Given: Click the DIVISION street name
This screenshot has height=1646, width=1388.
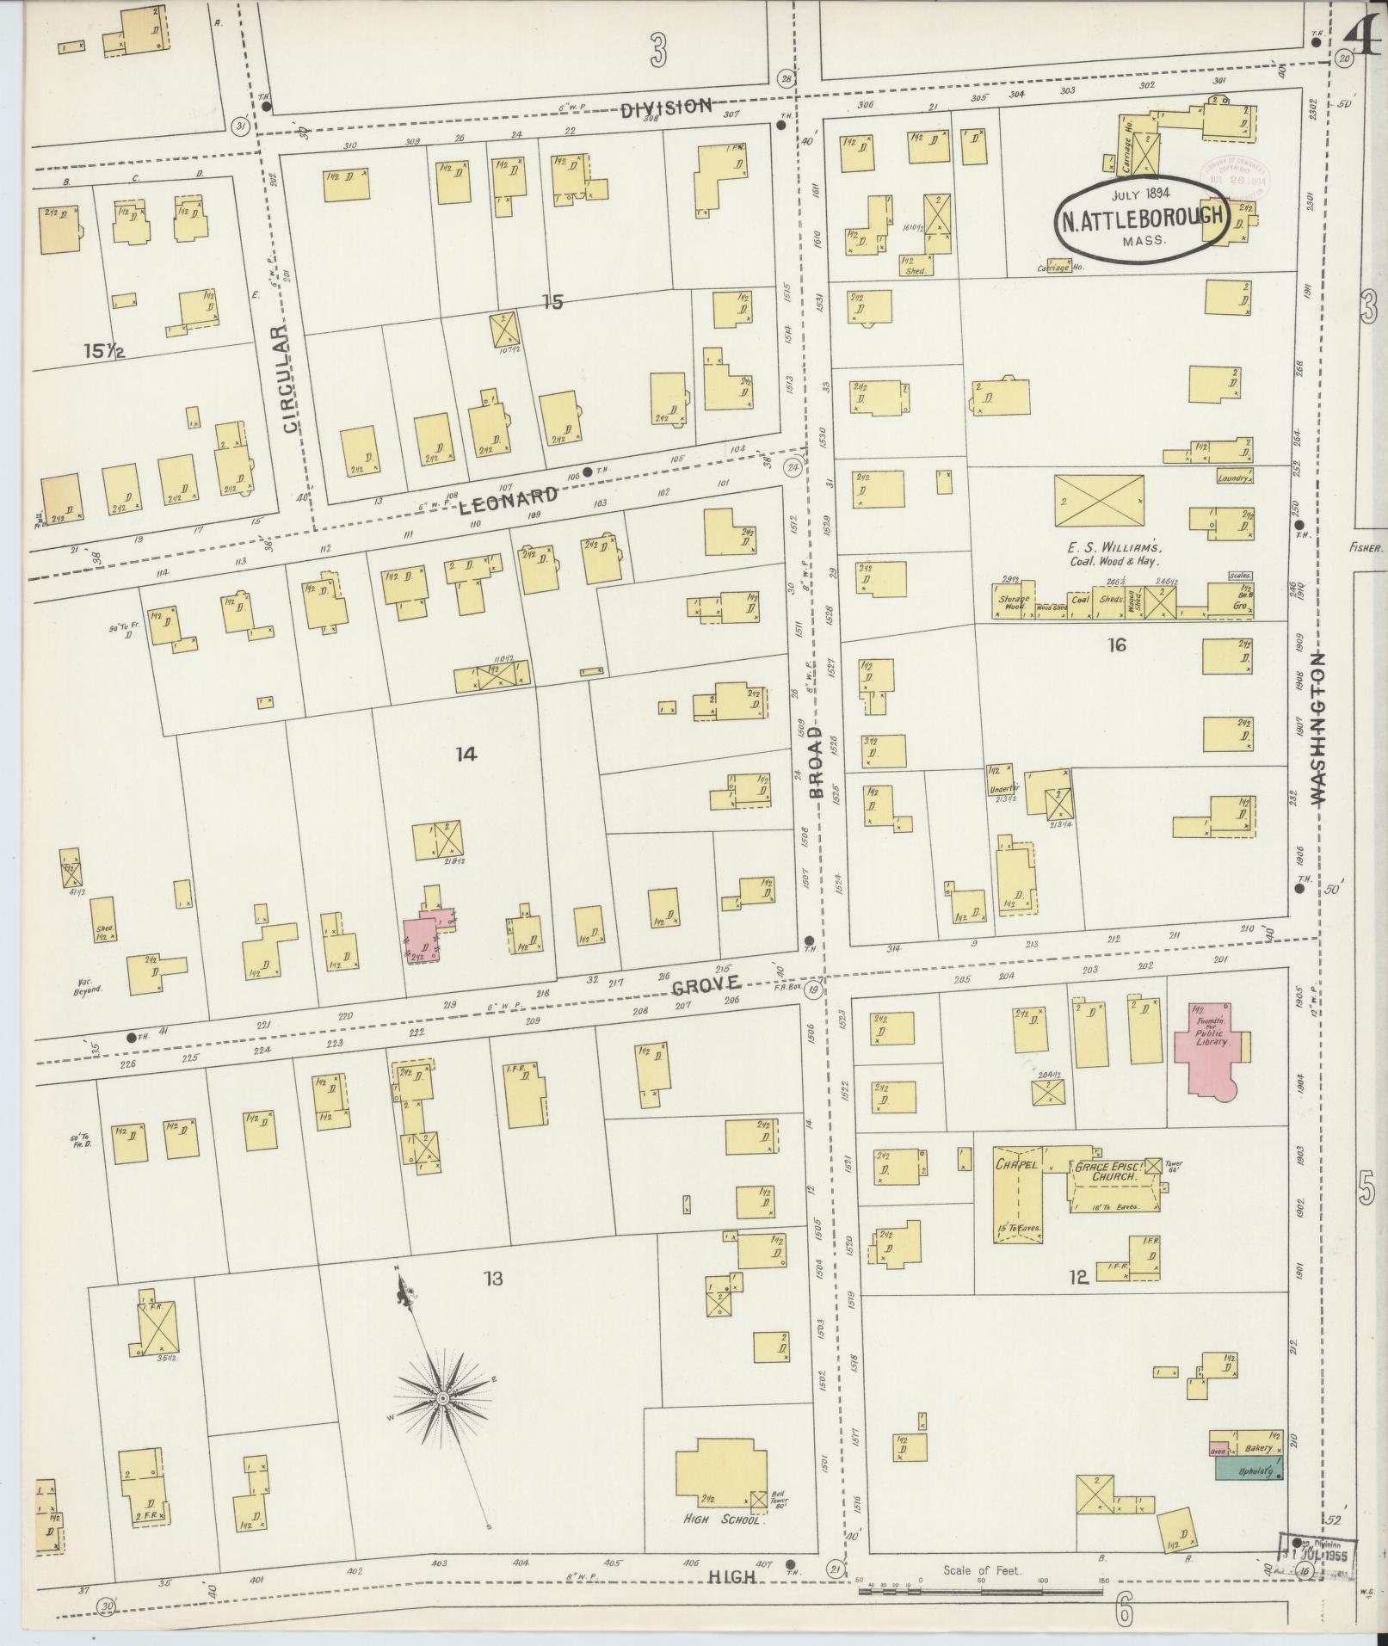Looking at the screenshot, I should pos(666,106).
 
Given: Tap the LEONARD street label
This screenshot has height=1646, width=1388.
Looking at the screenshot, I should pos(508,500).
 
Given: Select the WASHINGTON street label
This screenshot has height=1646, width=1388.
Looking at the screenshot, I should pos(1318,728).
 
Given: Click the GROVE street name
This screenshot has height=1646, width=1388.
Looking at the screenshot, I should pos(706,983).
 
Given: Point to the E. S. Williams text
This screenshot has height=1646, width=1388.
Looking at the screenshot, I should pos(1114,547).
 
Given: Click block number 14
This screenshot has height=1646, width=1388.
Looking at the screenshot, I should pos(466,755).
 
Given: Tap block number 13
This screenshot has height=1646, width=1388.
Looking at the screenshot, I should pos(492,1279).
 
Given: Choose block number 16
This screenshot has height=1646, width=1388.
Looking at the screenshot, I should pos(1116,644).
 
